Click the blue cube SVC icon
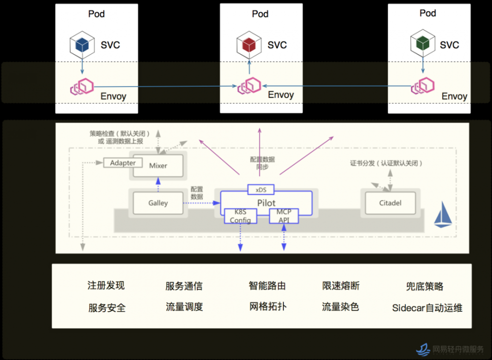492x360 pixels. [82, 44]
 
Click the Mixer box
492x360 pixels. [158, 166]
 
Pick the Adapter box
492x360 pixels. [123, 163]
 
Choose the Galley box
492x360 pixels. [158, 202]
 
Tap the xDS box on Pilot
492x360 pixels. [260, 190]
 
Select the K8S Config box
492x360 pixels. [241, 216]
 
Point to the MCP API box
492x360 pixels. [284, 216]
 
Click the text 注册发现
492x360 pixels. [106, 286]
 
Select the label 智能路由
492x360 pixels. [267, 286]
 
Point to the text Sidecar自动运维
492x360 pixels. [427, 308]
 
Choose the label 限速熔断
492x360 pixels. [340, 286]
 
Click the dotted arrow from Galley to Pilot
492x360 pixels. [204, 202]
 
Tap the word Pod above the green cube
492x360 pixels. [428, 13]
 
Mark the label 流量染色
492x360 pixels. [340, 307]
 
